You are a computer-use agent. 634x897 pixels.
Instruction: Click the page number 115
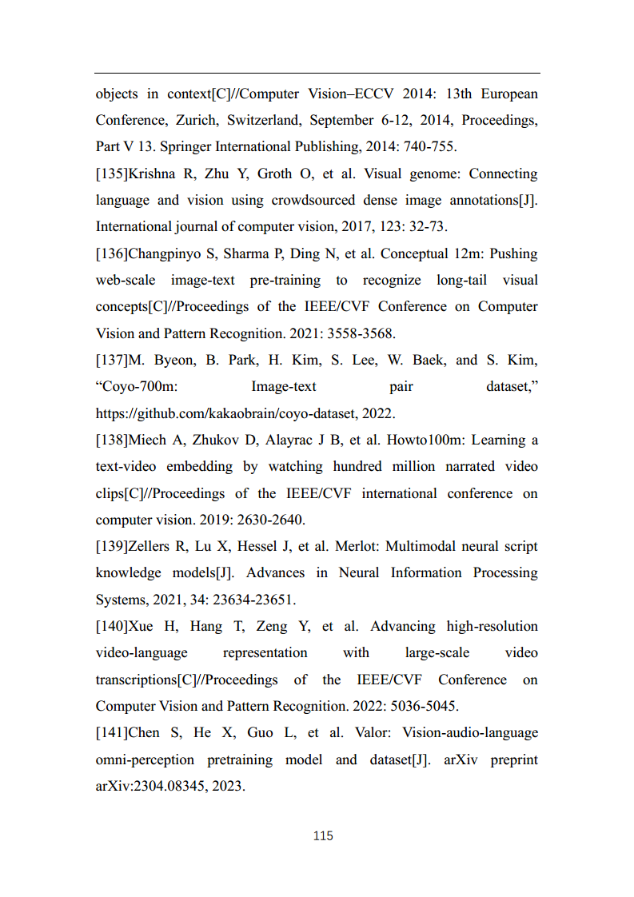point(323,836)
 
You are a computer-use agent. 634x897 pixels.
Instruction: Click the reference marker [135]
point(111,173)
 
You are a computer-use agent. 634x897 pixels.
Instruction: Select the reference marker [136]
point(111,253)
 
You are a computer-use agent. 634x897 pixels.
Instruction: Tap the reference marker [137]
point(111,360)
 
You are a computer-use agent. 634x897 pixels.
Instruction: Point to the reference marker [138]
point(111,440)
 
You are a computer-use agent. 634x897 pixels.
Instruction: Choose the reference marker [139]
point(111,546)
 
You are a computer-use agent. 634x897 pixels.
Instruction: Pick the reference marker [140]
point(111,626)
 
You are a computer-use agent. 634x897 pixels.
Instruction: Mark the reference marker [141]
point(111,732)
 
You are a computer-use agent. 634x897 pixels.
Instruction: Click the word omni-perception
point(145,759)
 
